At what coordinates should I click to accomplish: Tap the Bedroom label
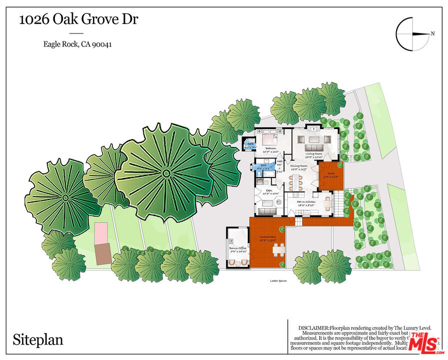click(x=271, y=148)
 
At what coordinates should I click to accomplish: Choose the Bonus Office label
click(x=238, y=248)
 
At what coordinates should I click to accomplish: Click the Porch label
click(x=331, y=174)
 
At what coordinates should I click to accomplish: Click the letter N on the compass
click(x=433, y=34)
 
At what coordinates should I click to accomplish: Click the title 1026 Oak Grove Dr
click(x=78, y=20)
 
